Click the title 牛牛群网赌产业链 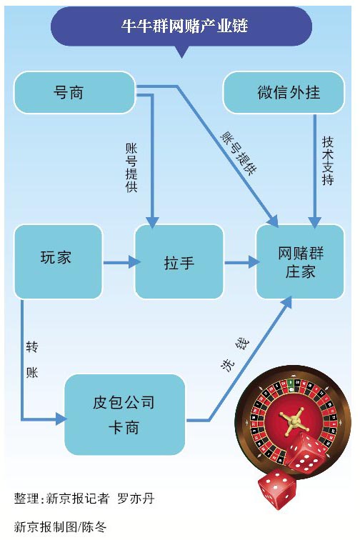[180, 27]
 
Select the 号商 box [74, 93]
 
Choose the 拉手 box [179, 263]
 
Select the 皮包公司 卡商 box [124, 414]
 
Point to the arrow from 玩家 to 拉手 [119, 263]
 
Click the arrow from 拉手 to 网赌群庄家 [241, 263]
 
